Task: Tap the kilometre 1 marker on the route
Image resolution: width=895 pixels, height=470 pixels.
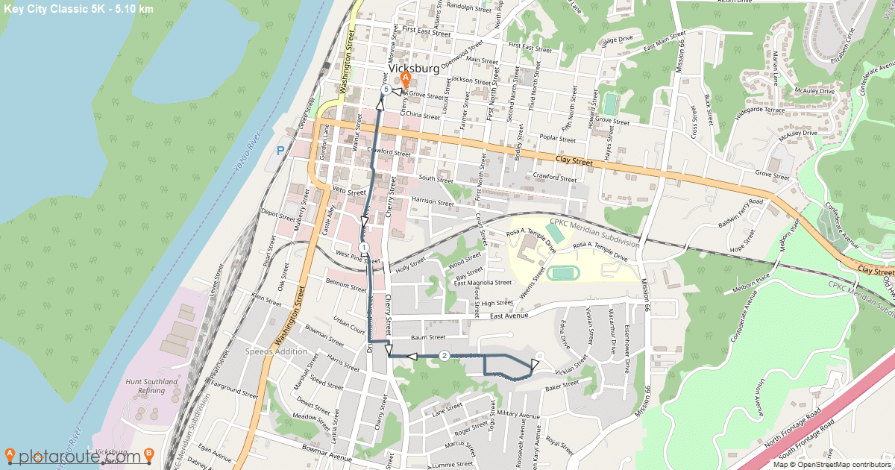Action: [x=362, y=248]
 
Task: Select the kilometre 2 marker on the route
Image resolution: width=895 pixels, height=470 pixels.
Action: [x=445, y=356]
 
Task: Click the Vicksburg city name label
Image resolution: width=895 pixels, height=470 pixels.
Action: [x=414, y=68]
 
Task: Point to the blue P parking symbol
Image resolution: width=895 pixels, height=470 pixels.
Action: [x=281, y=151]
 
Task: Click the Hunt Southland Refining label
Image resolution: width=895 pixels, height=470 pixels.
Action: [x=152, y=386]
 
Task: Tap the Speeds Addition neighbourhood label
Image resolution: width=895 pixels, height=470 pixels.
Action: [x=275, y=351]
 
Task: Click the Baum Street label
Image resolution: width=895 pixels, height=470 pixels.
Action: [x=428, y=337]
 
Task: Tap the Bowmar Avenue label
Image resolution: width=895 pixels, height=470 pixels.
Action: [x=327, y=451]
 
